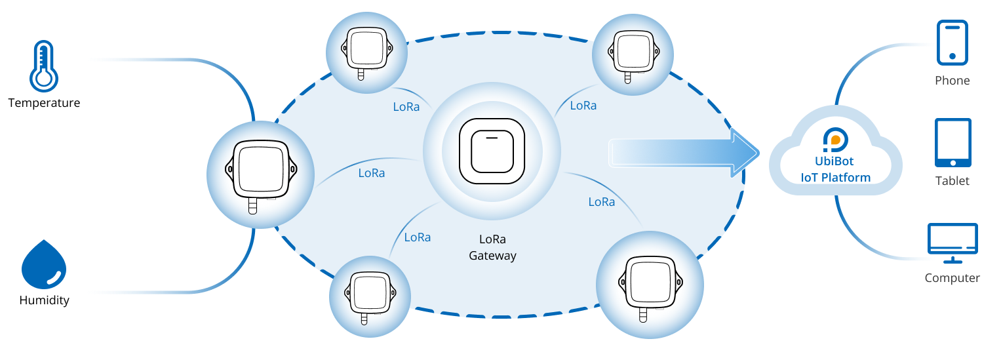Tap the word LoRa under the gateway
click(x=492, y=240)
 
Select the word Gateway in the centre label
click(x=492, y=256)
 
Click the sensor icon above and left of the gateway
click(x=366, y=49)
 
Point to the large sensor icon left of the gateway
click(x=260, y=169)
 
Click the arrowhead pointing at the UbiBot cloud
click(x=744, y=153)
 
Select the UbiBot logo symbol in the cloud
click(x=836, y=140)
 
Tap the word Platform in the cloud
click(x=846, y=178)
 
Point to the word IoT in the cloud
click(x=810, y=178)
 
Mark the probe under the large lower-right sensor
click(x=643, y=314)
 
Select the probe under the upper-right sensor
click(x=627, y=77)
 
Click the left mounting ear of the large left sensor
click(x=230, y=169)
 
